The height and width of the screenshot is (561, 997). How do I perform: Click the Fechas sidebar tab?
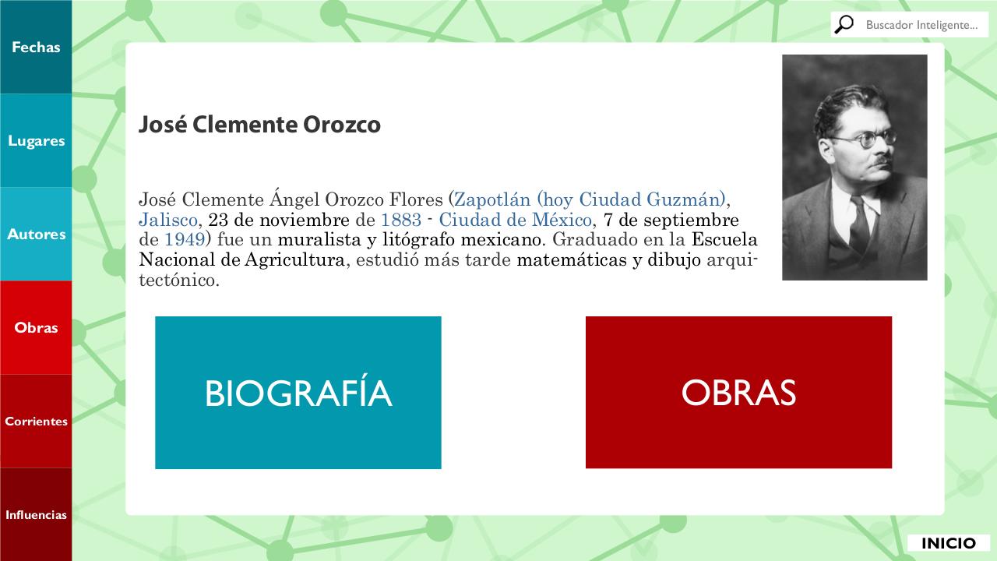tap(36, 47)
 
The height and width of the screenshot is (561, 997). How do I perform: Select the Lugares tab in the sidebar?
tap(36, 141)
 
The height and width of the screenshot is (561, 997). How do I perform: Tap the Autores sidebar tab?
tap(36, 235)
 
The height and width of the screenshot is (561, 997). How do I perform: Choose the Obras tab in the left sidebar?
tap(36, 328)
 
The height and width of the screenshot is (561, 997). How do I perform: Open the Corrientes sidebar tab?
tap(36, 422)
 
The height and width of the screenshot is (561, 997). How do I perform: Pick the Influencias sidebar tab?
tap(36, 515)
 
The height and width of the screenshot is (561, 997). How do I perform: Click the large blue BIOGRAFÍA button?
tap(298, 392)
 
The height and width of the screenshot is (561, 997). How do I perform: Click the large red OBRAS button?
tap(738, 392)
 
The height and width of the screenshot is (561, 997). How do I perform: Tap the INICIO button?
tap(949, 543)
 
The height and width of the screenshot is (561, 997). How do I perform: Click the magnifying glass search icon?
tap(844, 24)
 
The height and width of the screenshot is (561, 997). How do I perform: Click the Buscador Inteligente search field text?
tap(921, 25)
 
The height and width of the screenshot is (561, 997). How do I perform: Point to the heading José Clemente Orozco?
tap(259, 124)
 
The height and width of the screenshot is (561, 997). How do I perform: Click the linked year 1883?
tap(401, 220)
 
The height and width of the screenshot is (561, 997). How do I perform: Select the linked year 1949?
tap(185, 239)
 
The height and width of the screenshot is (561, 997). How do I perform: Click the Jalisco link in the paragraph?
tap(167, 220)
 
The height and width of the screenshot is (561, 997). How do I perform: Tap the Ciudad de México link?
tap(516, 220)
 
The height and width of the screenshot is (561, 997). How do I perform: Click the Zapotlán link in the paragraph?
tap(492, 199)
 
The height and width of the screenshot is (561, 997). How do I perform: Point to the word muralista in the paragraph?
tap(319, 239)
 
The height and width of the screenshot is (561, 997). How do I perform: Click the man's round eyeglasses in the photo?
tap(864, 139)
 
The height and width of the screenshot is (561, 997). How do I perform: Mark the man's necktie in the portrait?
tap(859, 225)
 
